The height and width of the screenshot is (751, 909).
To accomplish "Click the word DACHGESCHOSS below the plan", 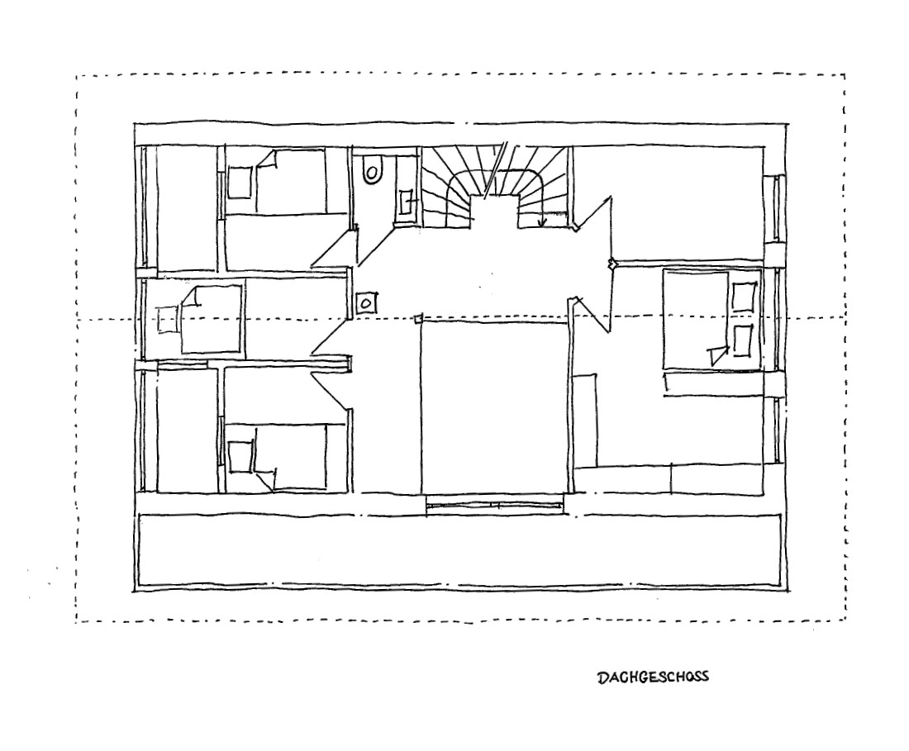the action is pos(653,677).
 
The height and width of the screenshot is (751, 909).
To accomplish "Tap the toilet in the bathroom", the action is pos(372,170).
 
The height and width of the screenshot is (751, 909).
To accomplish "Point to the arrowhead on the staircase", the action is pos(543,221).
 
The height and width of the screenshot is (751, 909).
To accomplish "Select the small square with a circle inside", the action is pos(365,302).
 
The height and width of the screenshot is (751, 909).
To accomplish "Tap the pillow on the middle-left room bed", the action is pos(168,319).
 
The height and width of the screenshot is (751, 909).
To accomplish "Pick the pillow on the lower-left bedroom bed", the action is pos(241,457).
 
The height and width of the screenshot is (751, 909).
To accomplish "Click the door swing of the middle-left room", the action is pos(331,336).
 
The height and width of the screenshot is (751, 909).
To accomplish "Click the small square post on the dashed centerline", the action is pos(418,318).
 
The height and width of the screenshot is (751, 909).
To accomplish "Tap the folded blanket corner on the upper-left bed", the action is pos(267,160).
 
